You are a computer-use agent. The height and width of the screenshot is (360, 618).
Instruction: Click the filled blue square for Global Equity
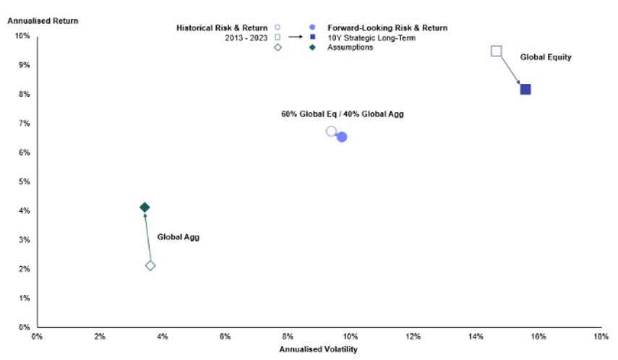tap(525, 90)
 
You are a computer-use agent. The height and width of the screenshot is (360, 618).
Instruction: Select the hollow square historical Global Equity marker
tap(496, 51)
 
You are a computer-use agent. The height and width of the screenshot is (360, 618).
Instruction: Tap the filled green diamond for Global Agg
tap(145, 207)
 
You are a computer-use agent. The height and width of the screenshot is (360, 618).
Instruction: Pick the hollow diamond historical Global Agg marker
tap(150, 265)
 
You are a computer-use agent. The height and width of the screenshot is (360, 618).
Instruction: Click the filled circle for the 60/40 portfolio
tap(342, 137)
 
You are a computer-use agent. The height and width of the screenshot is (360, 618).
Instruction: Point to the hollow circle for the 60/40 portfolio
tap(331, 132)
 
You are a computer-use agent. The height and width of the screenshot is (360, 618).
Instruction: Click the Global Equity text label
tap(546, 57)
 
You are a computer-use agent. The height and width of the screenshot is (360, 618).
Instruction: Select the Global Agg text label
tap(178, 237)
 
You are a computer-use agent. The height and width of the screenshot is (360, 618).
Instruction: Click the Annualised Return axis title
tap(43, 21)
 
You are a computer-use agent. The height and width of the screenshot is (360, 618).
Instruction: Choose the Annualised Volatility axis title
tap(318, 349)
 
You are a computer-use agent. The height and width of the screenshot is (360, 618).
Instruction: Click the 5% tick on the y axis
tap(25, 181)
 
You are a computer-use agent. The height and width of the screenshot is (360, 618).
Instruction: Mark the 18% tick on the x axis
tap(600, 337)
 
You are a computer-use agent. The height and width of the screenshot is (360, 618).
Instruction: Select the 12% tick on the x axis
tap(413, 337)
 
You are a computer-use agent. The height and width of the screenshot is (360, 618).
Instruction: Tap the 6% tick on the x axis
tap(225, 337)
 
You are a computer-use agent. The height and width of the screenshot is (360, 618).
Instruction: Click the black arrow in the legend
tap(296, 38)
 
